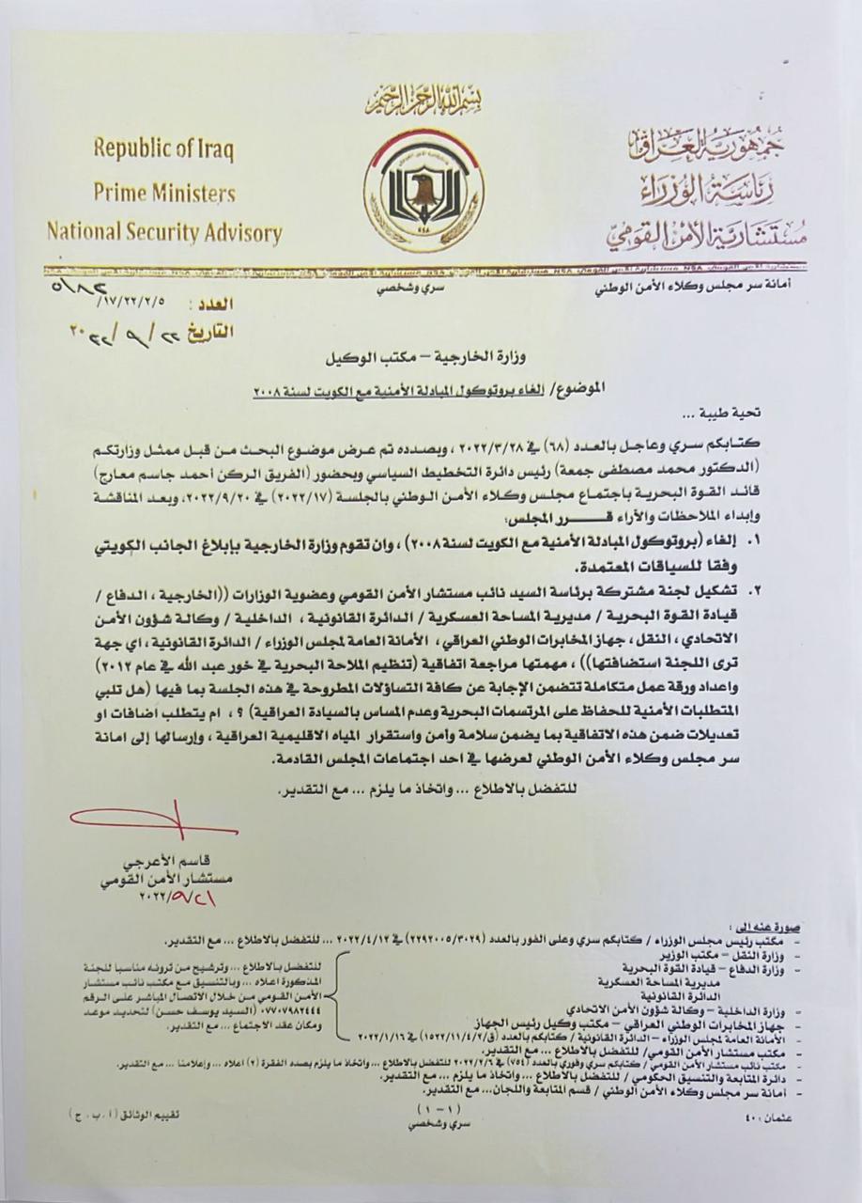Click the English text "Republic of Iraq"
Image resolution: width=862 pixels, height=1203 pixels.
coord(163,149)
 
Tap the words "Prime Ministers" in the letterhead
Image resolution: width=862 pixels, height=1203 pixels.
coord(163,192)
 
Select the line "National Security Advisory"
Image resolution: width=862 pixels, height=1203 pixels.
coord(164,232)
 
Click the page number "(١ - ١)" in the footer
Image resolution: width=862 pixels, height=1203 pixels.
coord(430,1110)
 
